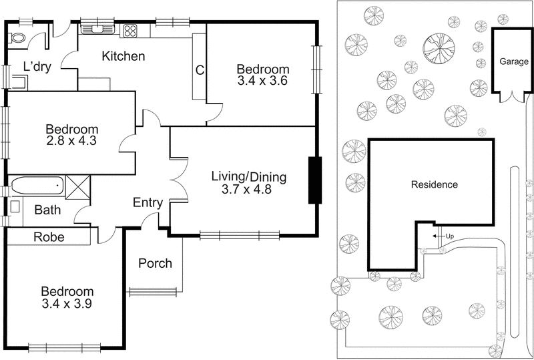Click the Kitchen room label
(x=123, y=56)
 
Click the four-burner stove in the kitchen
(x=129, y=29)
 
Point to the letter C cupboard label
(x=199, y=69)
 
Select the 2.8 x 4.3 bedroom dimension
(x=71, y=142)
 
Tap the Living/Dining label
(x=248, y=177)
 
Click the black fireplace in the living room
(x=314, y=180)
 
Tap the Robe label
(x=49, y=236)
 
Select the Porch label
(x=155, y=263)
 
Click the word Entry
(x=148, y=203)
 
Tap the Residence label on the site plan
(x=434, y=184)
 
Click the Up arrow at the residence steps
(x=439, y=236)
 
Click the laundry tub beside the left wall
(x=20, y=83)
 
